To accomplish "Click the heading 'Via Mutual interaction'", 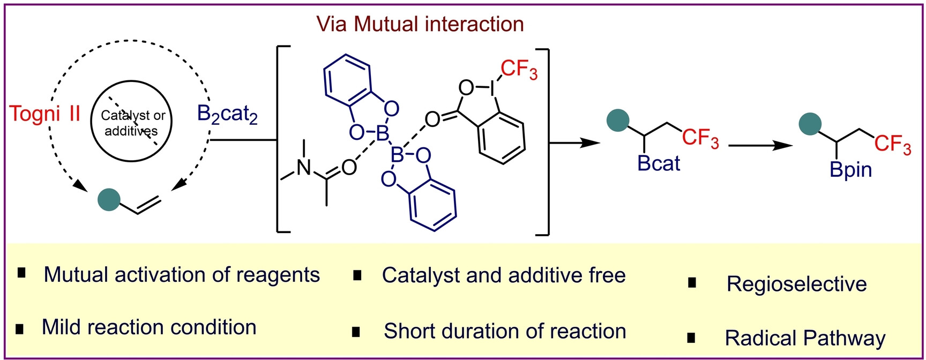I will coord(420,24).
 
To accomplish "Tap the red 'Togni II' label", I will coord(45,114).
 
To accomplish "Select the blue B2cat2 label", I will coord(228,115).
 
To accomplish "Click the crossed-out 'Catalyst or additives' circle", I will coord(131,123).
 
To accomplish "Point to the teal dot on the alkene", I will coord(109,199).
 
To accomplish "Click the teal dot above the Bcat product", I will coord(617,120).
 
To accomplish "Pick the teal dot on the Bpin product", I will coord(810,124).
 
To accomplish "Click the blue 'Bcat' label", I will coord(659,163).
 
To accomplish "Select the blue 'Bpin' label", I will coord(851,170).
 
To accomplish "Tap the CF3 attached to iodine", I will coord(519,70).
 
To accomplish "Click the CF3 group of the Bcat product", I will coord(700,138).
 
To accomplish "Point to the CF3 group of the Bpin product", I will coord(893,144).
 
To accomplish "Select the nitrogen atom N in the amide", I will coord(304,168).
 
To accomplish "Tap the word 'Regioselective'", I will coord(796,284).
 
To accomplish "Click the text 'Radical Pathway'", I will coord(805,338).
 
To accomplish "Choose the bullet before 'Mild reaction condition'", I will coord(20,329).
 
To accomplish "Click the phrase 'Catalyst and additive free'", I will coord(504,275).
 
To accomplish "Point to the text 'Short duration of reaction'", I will coord(505,331).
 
